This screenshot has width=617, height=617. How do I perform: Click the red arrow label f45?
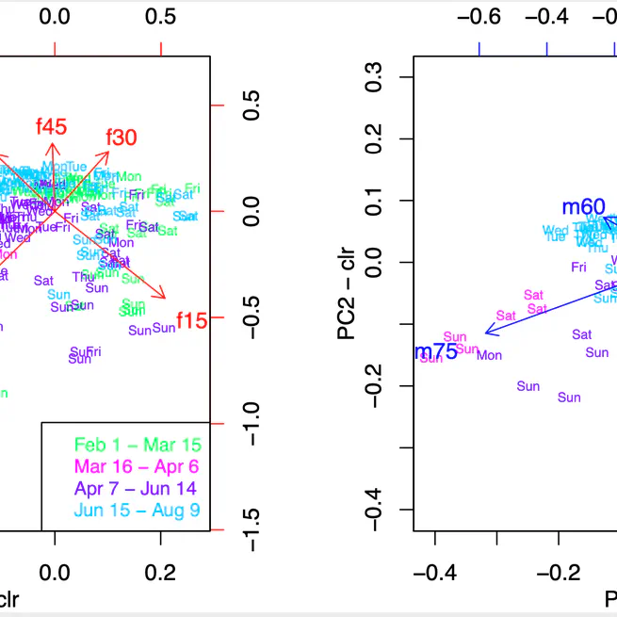coord(51,127)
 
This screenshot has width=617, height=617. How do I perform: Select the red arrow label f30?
coord(122,138)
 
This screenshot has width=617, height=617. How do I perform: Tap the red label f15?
coord(191,320)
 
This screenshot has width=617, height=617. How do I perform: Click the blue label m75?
coord(436,351)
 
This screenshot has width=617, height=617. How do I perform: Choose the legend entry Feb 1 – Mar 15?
coord(143,444)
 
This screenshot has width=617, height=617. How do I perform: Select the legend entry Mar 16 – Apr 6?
coord(143,466)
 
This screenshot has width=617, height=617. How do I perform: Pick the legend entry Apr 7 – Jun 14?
coord(143,489)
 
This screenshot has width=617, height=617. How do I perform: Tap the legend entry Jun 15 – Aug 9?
coord(143,511)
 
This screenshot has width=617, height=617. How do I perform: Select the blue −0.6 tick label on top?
coord(479,17)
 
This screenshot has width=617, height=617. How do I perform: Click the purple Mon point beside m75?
coord(489,355)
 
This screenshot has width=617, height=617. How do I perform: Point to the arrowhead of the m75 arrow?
coord(487,333)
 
